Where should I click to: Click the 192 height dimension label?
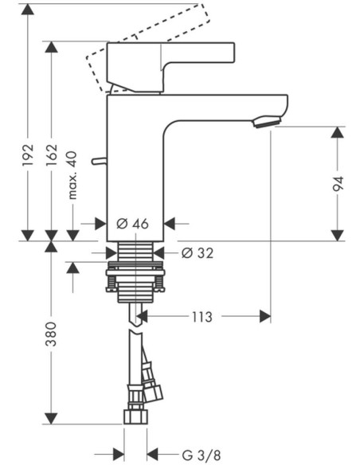28,155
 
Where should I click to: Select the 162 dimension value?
51,156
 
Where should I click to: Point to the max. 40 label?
72,175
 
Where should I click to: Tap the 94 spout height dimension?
338,184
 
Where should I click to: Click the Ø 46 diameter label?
132,224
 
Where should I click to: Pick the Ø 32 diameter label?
198,253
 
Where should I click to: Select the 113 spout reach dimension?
202,317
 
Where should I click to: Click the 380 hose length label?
51,334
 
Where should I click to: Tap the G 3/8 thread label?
202,455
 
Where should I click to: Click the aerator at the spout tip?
267,122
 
